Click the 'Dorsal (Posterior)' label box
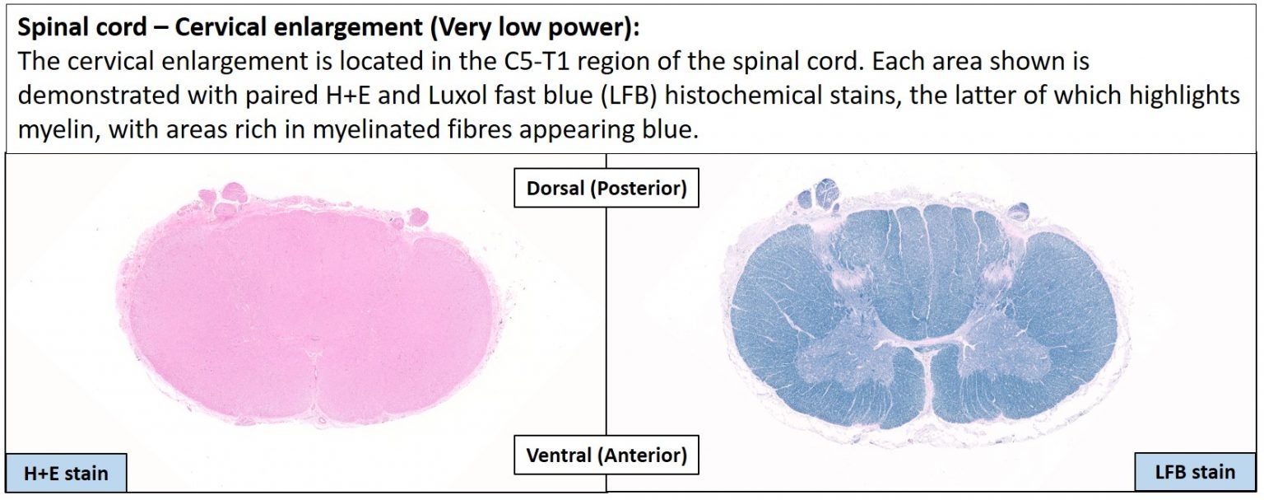[x=606, y=188]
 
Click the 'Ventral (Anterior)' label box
[x=606, y=455]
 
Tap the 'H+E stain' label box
[x=66, y=473]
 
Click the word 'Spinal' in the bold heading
[x=51, y=28]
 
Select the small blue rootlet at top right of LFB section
[x=1019, y=212]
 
